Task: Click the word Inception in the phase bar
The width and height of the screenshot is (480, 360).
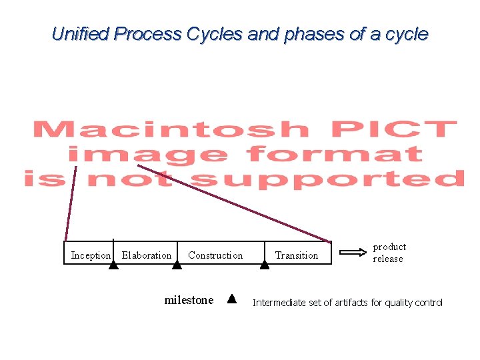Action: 91,255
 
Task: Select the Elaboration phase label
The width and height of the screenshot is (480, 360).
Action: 147,255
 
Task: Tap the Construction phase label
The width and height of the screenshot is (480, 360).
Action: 215,255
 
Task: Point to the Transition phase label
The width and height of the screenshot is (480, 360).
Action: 297,255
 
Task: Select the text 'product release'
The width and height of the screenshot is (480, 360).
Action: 389,253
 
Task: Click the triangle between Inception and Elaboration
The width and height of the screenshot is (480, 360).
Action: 113,265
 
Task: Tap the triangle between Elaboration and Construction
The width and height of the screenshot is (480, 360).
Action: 177,265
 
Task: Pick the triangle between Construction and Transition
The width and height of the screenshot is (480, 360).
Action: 265,265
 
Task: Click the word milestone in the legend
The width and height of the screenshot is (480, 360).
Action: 189,300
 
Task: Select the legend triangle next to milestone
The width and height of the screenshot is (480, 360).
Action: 231,299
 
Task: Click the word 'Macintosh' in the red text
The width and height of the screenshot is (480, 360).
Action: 170,129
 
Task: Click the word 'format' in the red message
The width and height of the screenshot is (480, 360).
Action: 334,155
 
